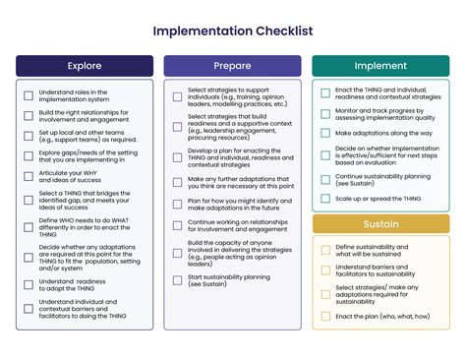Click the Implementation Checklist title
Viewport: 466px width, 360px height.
click(x=233, y=30)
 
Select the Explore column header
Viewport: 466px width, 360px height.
click(x=85, y=66)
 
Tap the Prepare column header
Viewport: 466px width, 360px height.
click(x=232, y=66)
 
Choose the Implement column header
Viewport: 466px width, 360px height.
click(x=380, y=66)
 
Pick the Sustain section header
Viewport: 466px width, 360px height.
click(x=380, y=224)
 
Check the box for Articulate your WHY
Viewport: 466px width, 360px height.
click(x=29, y=175)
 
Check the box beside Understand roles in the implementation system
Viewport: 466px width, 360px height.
click(x=29, y=95)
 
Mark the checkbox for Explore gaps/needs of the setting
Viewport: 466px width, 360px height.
click(x=29, y=155)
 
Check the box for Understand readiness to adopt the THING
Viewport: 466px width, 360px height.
click(x=29, y=285)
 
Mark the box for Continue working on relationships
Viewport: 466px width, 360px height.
click(x=177, y=227)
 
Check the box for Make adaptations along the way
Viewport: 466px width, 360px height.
click(x=325, y=132)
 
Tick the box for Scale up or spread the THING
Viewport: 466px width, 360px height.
click(x=325, y=200)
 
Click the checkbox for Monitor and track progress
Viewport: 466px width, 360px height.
click(x=325, y=113)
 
